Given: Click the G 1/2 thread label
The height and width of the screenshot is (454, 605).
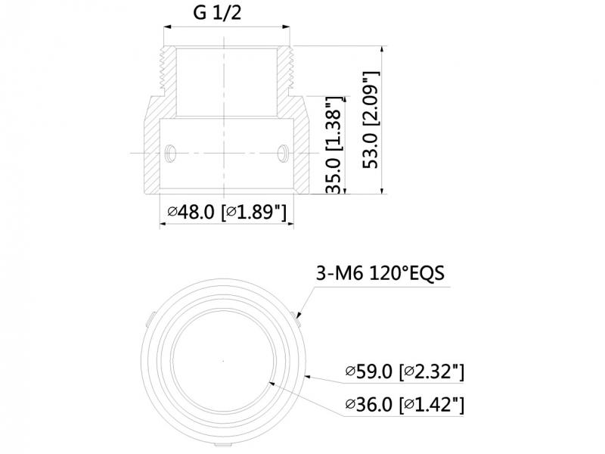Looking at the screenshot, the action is point(217,13).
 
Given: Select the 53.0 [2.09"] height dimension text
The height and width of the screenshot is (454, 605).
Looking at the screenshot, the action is point(371,120).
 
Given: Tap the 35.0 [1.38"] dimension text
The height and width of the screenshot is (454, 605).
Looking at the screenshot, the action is point(334,145).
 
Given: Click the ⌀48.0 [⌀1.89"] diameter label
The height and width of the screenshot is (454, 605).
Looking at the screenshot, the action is point(228,212).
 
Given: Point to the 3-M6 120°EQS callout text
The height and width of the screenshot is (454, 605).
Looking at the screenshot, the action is point(380,273).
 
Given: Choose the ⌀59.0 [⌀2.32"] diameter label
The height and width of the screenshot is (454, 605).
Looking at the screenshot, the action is point(405,372).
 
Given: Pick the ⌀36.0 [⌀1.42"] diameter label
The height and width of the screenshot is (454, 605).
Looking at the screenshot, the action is point(405,405).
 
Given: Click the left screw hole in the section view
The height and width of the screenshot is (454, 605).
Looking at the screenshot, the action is point(170,154).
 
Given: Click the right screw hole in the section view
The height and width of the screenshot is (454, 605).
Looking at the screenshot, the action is point(283,154).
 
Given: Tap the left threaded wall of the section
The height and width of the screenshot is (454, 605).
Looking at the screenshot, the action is point(168,71).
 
